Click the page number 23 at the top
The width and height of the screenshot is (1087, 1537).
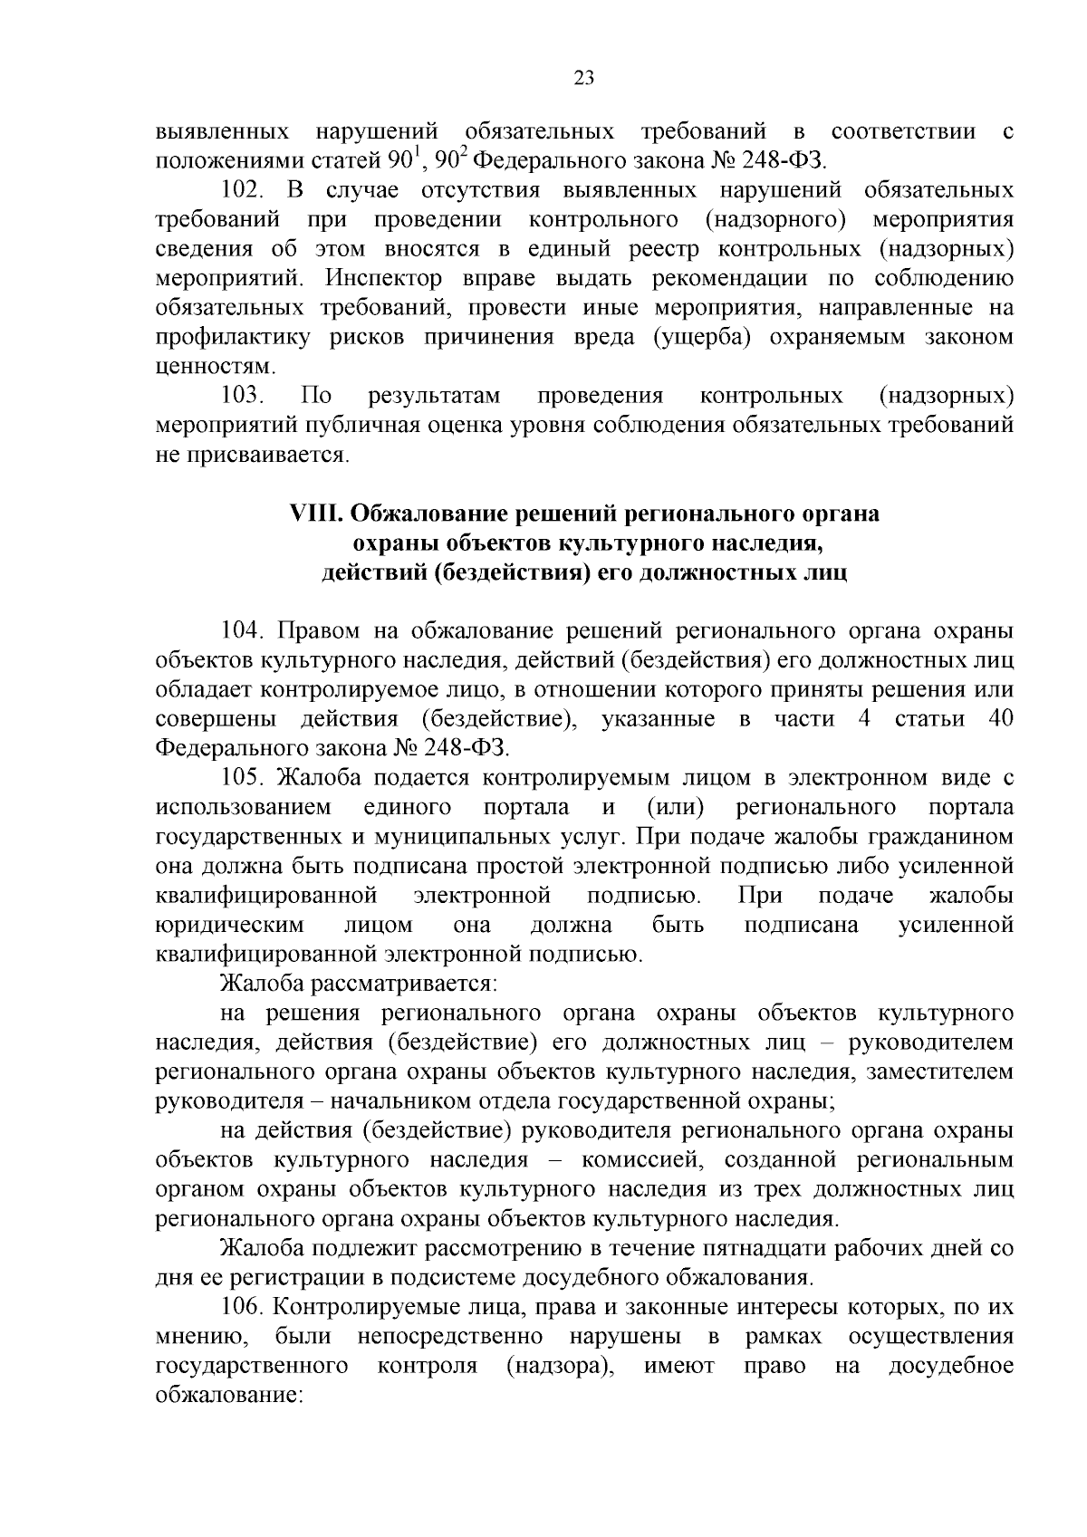584,78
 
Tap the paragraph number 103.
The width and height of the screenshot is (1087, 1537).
243,396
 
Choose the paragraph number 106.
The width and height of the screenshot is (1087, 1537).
243,1308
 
